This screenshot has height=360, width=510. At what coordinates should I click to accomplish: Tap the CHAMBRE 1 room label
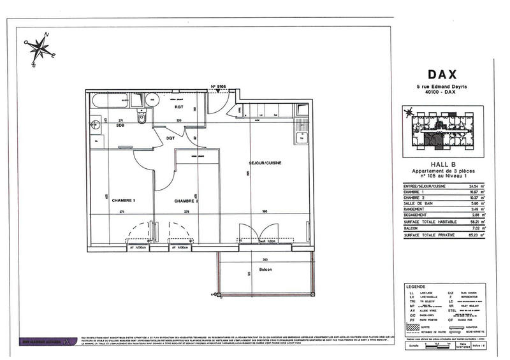124,201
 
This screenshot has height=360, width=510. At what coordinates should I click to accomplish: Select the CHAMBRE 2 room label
186,201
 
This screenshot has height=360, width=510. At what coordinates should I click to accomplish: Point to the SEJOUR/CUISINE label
265,163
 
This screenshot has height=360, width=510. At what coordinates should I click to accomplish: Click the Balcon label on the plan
265,270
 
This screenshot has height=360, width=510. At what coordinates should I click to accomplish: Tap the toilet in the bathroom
142,118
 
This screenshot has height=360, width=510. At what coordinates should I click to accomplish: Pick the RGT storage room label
179,107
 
